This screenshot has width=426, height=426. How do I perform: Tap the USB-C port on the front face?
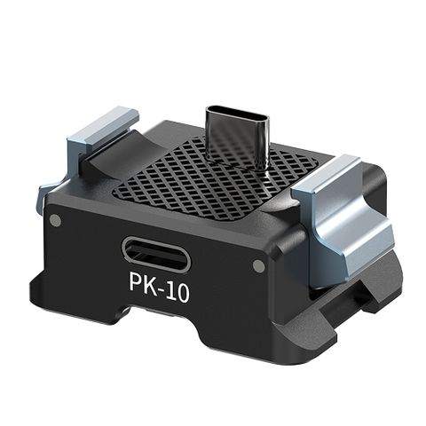pos(156,256)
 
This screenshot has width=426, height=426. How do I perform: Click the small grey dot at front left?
pos(55,220)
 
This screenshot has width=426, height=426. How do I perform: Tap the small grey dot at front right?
pos(258,265)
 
